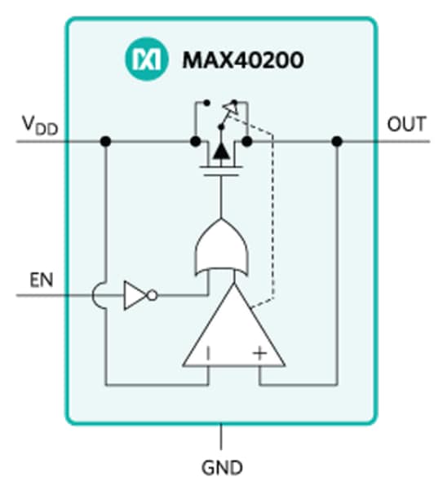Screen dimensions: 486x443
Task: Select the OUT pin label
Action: tap(405, 125)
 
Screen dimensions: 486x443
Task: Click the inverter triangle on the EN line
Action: tap(133, 294)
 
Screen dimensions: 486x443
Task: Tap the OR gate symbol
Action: tap(221, 250)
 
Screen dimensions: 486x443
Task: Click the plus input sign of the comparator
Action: tap(259, 353)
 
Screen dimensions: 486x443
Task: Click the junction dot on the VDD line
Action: tap(105, 142)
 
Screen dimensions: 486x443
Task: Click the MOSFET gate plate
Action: tap(221, 173)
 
